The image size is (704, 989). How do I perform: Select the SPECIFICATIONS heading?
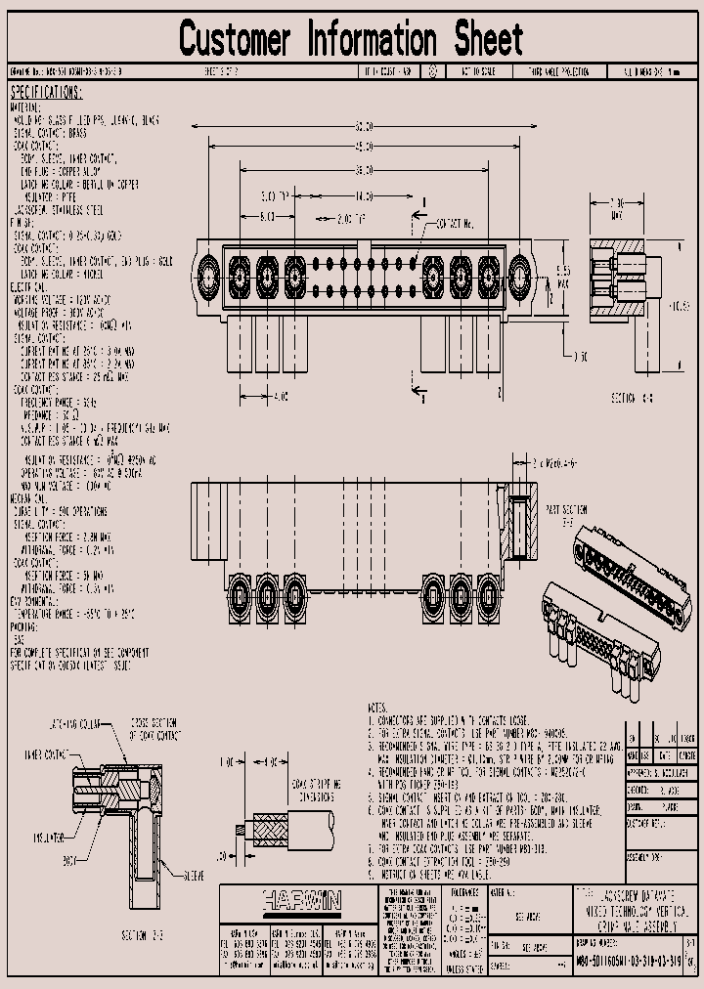click(46, 92)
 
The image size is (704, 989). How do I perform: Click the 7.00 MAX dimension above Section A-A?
click(617, 209)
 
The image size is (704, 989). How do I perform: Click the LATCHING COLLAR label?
click(74, 723)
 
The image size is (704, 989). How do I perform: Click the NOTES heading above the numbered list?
click(377, 706)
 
